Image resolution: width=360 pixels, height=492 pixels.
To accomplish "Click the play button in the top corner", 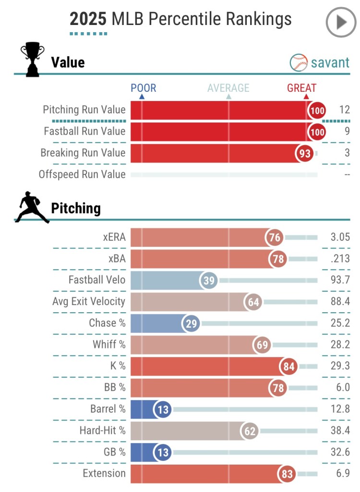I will tap(341, 23).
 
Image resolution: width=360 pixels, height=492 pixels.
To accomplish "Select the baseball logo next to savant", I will tap(298, 62).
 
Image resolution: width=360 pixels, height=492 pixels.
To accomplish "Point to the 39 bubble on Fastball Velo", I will tap(209, 281).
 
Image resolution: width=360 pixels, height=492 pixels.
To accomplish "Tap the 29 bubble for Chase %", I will tap(192, 323).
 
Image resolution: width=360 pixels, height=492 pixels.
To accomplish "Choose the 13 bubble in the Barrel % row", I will tap(163, 409).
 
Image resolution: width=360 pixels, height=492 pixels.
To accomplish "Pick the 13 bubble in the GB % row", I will tap(163, 453).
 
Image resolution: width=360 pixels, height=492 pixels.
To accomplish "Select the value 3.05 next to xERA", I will tap(340, 237).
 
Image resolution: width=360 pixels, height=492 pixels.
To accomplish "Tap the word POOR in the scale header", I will tap(144, 88).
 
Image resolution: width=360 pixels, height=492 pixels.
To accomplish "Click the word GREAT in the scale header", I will tap(301, 88).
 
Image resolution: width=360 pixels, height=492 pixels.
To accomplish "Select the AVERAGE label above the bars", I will tap(228, 88).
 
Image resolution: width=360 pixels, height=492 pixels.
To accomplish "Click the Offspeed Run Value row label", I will tap(82, 174).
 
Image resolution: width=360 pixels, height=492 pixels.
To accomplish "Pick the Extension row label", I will tap(104, 473).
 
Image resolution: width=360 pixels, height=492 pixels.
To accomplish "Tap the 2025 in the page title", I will tap(88, 19).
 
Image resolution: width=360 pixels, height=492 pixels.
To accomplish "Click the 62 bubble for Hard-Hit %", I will tap(250, 431).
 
